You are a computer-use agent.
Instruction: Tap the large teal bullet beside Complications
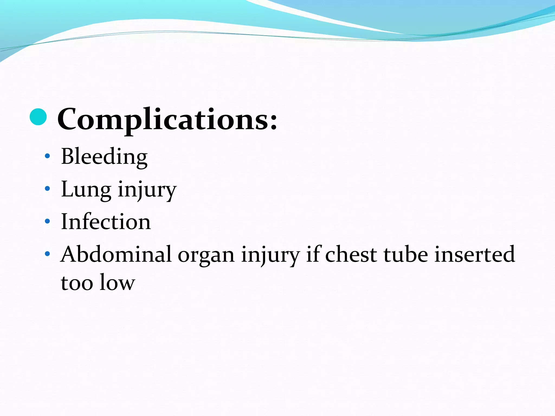[x=38, y=117]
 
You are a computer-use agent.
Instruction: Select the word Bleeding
[x=104, y=157]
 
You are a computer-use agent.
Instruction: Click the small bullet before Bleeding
[x=47, y=156]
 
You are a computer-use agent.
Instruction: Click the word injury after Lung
[x=147, y=190]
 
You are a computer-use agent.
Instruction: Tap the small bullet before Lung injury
[x=47, y=188]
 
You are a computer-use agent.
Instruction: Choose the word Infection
[x=106, y=222]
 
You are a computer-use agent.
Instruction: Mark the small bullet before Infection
[x=47, y=221]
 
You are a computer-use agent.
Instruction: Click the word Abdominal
[x=116, y=254]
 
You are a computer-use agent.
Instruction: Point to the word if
[x=314, y=254]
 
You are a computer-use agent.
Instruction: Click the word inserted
[x=475, y=254]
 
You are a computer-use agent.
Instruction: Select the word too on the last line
[x=77, y=283]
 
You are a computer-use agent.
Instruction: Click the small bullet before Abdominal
[x=47, y=254]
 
